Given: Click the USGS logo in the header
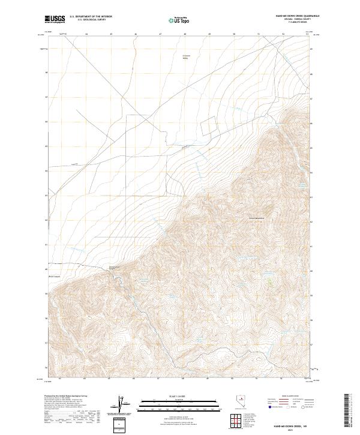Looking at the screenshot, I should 55,20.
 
